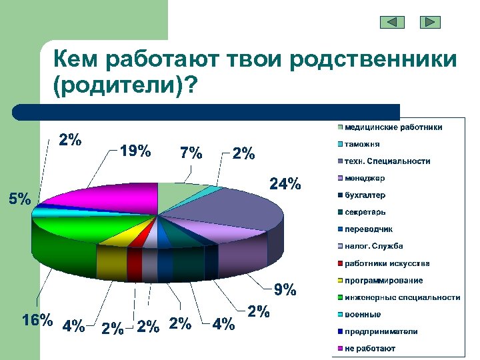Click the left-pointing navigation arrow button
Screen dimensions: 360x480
tap(392, 22)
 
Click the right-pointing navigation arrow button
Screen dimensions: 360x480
tap(430, 22)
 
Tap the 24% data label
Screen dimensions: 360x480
tap(285, 183)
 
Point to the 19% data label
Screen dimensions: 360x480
tap(135, 151)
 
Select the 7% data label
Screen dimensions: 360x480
tap(191, 153)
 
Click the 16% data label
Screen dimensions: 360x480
tap(37, 320)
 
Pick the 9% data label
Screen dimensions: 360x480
tap(284, 290)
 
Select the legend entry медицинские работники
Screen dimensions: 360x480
tap(393, 127)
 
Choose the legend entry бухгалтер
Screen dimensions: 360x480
tap(365, 195)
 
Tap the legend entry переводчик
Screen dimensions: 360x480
tap(369, 229)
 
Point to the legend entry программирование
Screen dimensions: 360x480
tap(383, 281)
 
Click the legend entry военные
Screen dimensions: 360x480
tap(363, 315)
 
